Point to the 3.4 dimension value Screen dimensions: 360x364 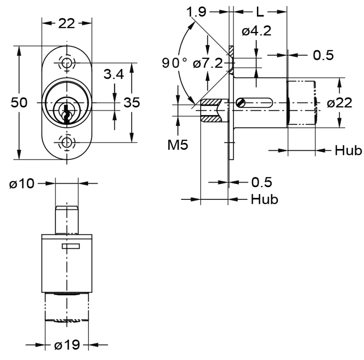click(113, 75)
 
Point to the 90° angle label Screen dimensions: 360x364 click(175, 62)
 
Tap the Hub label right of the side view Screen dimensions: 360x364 click(348, 151)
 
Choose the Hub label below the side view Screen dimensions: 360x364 click(265, 199)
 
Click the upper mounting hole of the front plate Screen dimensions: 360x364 click(67, 63)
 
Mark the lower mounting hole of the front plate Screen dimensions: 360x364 click(67, 143)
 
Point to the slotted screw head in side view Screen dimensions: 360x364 click(241, 103)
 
